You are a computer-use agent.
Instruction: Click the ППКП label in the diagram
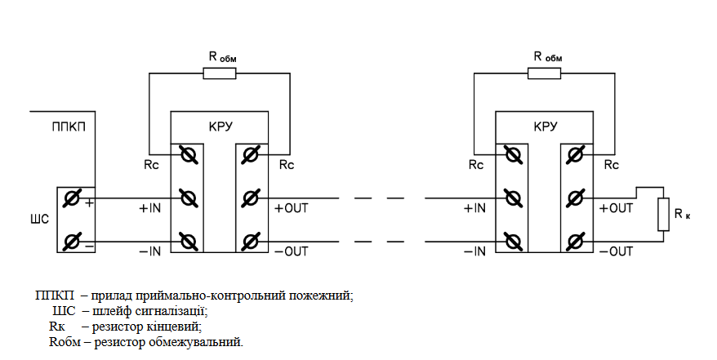point(69,127)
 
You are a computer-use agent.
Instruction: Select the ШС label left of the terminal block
point(39,220)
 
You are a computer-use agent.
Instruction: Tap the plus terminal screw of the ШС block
point(71,198)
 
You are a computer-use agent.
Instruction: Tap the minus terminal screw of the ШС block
point(71,242)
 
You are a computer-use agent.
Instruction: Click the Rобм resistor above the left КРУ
point(220,73)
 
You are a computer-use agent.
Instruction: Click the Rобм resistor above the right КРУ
point(544,73)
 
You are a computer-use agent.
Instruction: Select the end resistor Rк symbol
point(663,214)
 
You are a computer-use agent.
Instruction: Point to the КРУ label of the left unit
point(220,127)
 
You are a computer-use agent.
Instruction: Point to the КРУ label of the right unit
point(546,127)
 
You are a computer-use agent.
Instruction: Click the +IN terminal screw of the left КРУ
point(188,198)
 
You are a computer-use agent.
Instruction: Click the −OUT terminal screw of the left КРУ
point(250,242)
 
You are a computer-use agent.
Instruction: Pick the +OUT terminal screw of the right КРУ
point(575,198)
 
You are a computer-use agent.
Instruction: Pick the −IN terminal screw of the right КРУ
point(513,242)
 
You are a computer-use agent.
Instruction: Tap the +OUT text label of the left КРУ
point(292,208)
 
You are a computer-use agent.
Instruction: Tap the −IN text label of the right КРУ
point(474,251)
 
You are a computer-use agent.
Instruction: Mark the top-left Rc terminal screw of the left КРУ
point(188,155)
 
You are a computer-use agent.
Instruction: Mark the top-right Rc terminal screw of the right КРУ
point(575,155)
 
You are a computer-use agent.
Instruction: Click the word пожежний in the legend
point(322,296)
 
